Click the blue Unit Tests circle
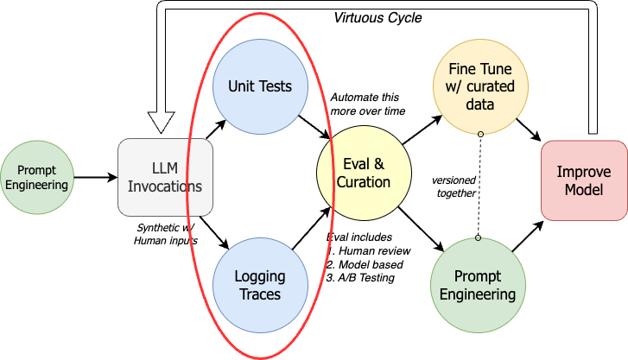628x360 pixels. click(259, 86)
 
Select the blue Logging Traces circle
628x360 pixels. click(259, 285)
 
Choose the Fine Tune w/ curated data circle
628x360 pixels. click(480, 86)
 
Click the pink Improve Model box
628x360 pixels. click(584, 180)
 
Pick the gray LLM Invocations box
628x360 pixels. click(165, 176)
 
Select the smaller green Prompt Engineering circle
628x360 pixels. click(37, 177)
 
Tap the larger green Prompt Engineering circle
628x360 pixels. click(478, 285)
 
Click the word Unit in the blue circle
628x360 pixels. click(242, 86)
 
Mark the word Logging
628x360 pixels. click(259, 277)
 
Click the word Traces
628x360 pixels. click(259, 294)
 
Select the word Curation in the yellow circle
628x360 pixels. click(364, 182)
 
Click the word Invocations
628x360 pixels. click(165, 186)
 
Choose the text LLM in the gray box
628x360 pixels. click(165, 167)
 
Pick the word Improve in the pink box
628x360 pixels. click(584, 172)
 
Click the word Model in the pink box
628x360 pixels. click(584, 189)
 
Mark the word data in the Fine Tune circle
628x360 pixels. click(480, 104)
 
